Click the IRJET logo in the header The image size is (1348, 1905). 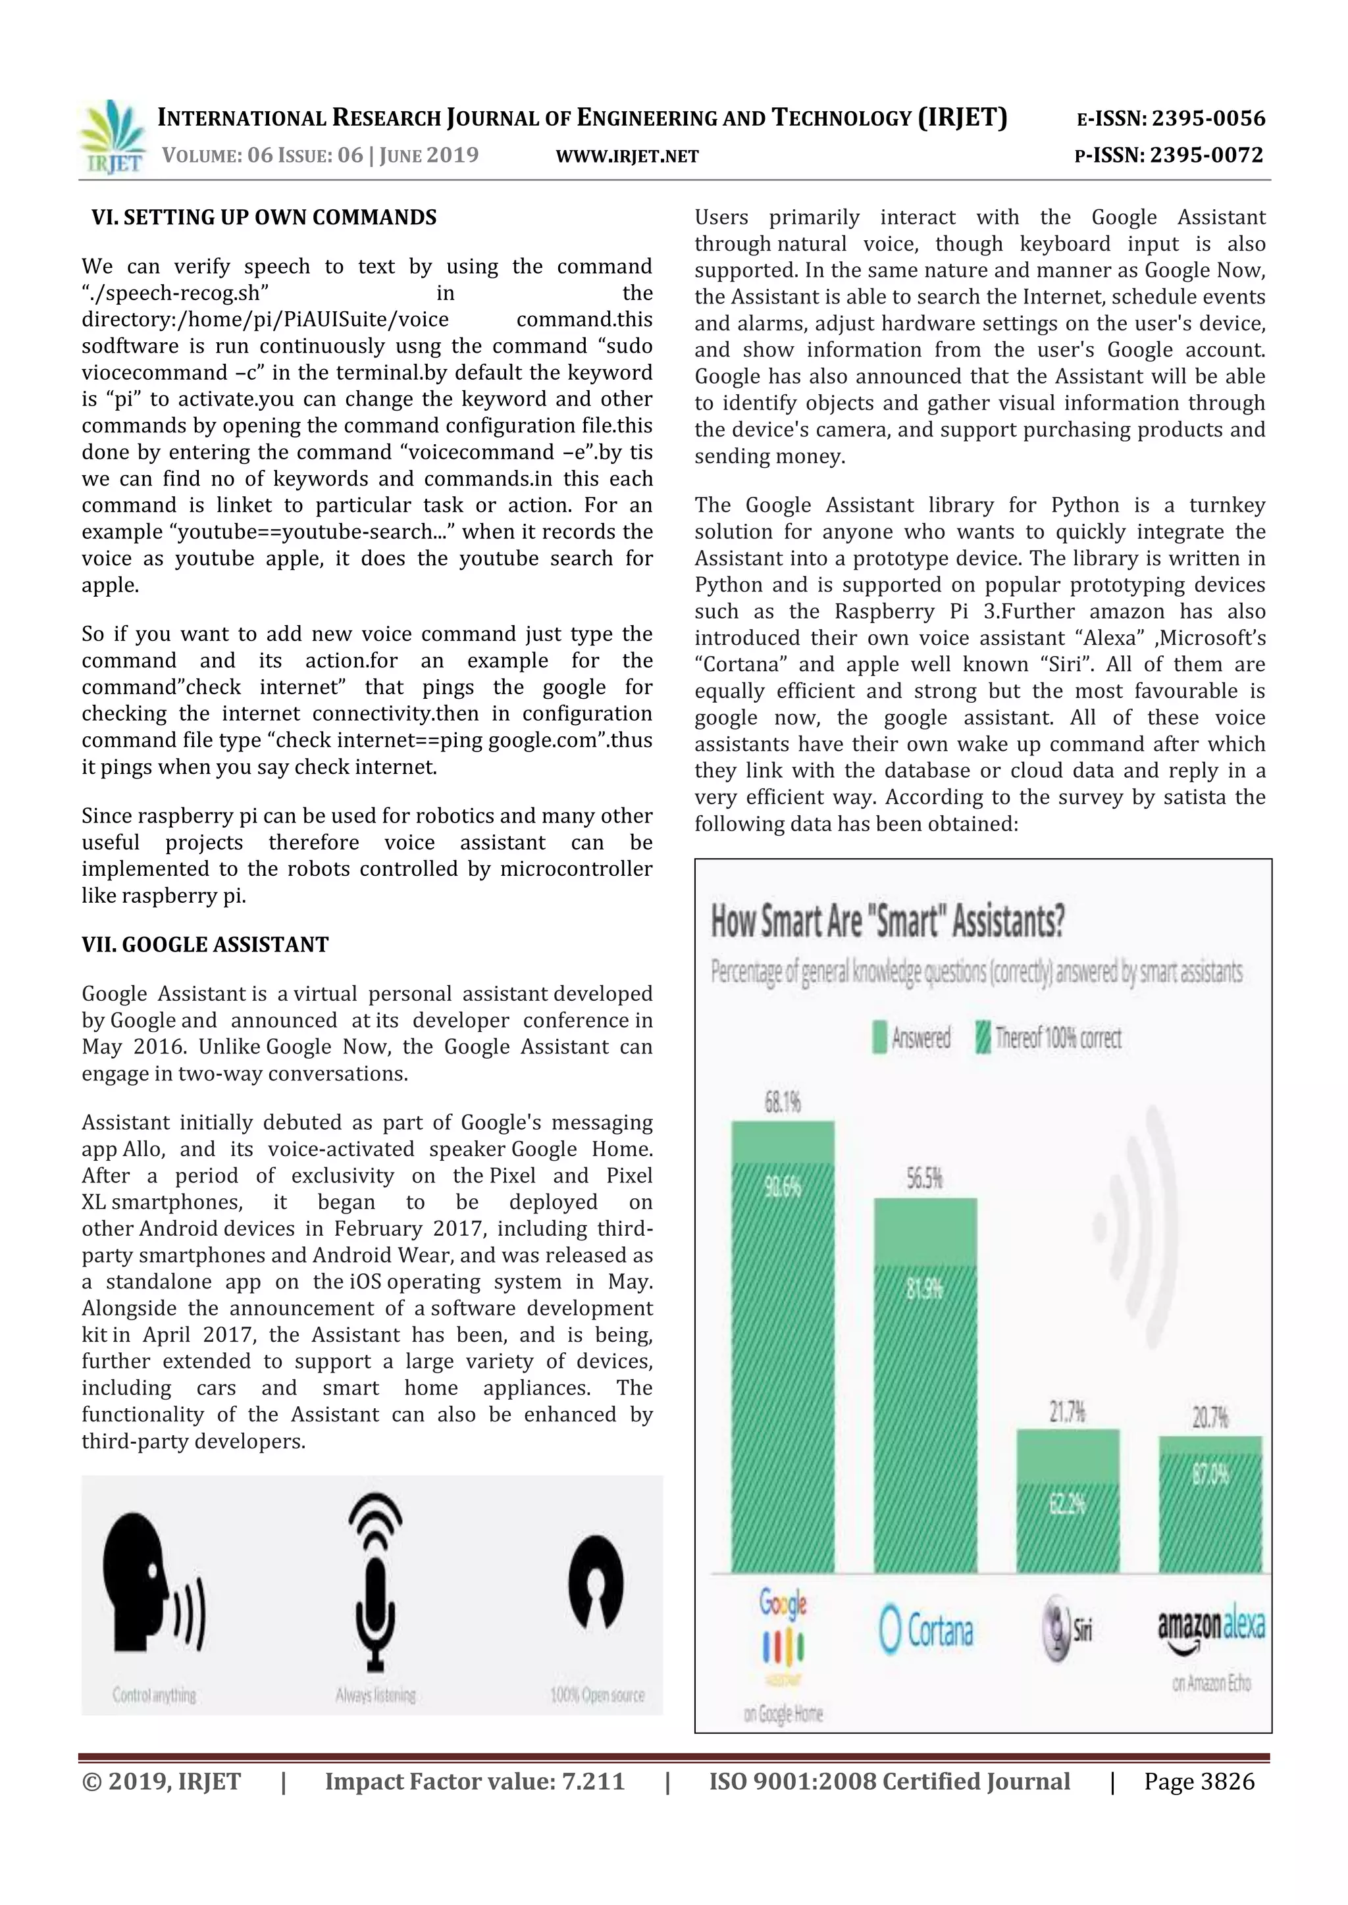tap(111, 138)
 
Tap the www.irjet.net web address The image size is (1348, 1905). tap(627, 156)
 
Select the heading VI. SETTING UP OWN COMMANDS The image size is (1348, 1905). tap(264, 217)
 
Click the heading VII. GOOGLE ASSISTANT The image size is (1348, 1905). tap(205, 945)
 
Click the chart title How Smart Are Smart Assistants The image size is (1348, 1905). tap(887, 922)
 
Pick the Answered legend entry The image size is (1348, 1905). tap(912, 1038)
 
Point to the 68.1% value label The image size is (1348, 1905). tap(782, 1103)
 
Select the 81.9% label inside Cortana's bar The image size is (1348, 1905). tap(924, 1288)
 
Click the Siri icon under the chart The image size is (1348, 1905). tap(1066, 1629)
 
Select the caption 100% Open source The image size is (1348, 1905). tap(597, 1694)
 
